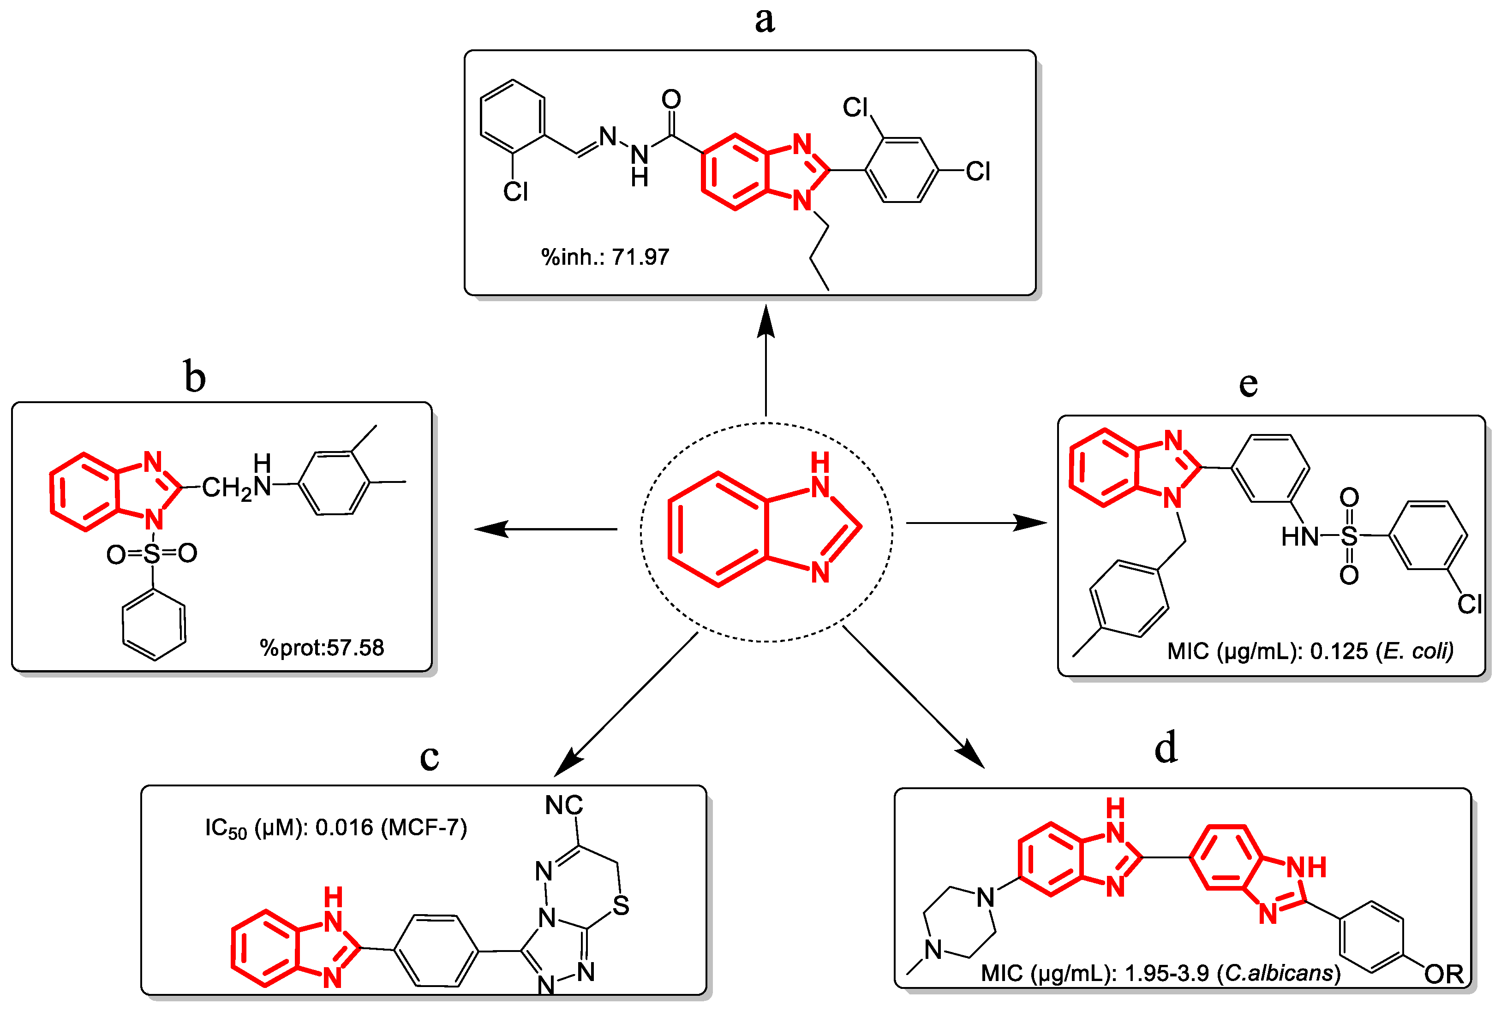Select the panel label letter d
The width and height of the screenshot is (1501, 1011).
[x=1166, y=748]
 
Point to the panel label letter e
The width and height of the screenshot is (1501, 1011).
[x=1248, y=384]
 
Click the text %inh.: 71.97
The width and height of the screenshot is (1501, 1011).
[x=605, y=257]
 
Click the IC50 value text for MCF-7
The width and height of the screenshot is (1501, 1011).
[x=335, y=828]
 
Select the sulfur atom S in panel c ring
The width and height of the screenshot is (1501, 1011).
[x=621, y=906]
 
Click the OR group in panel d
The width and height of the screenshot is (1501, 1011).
[x=1444, y=974]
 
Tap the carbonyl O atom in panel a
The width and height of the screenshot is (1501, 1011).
[x=671, y=99]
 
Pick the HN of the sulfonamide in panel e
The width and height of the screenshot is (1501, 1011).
[x=1299, y=536]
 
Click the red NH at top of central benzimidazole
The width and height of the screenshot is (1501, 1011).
[x=820, y=475]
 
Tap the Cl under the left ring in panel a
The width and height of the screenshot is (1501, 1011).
[x=515, y=191]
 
